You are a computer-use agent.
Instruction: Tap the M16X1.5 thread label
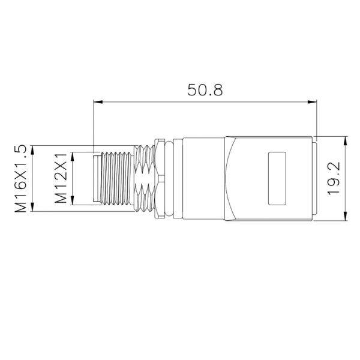22,178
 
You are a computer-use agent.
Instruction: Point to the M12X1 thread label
60,178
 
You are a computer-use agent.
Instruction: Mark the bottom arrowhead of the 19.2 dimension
346,218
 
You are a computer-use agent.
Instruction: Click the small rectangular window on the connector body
277,179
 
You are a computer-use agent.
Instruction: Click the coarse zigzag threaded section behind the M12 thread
144,179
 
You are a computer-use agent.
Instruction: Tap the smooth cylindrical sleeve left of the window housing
204,179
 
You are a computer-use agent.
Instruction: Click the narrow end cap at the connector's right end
314,179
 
